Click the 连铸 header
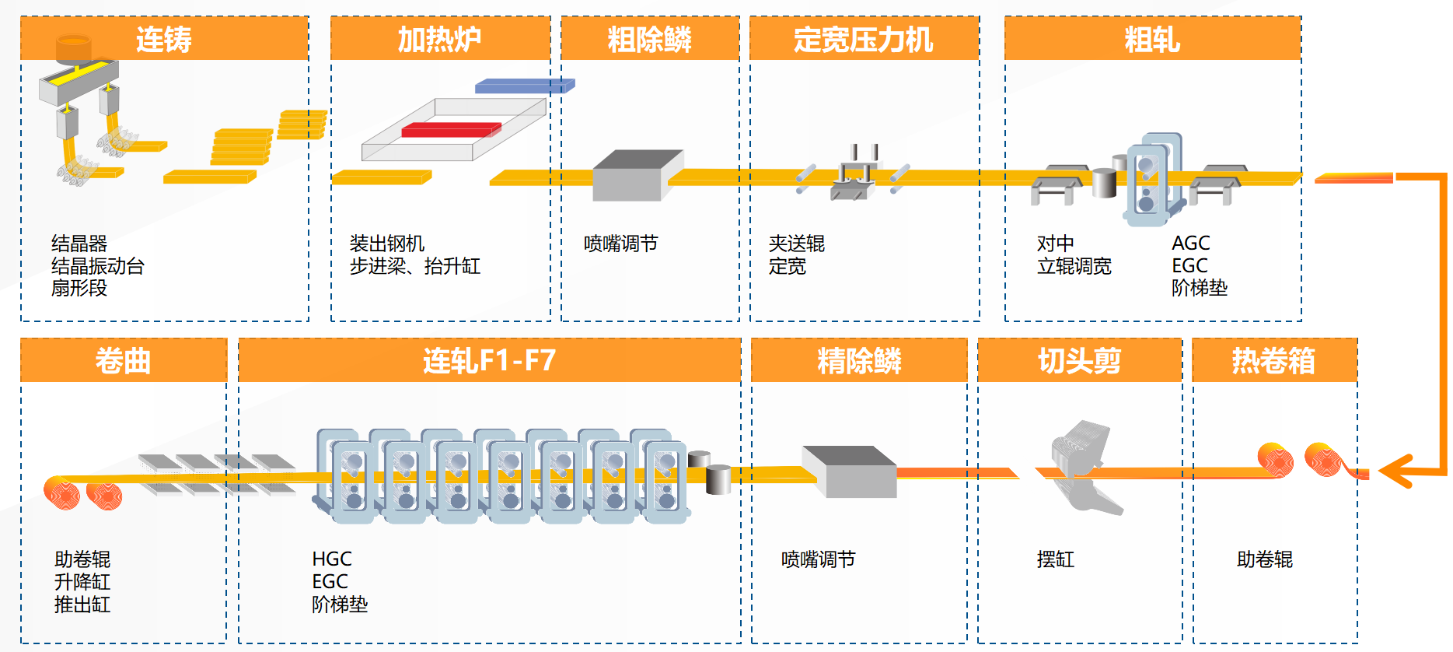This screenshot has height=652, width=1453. (x=164, y=39)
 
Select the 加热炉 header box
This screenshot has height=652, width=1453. (x=440, y=39)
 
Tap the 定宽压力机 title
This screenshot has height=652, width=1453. (x=864, y=39)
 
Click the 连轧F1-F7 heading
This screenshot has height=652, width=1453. (x=489, y=360)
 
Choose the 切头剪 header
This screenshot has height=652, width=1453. (x=1079, y=360)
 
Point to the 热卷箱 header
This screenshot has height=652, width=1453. (x=1274, y=360)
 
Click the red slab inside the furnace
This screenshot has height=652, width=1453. (x=451, y=129)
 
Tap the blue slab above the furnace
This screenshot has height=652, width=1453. (x=524, y=86)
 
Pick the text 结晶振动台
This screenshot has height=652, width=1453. (x=98, y=266)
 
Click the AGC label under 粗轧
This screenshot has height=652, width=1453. (x=1190, y=244)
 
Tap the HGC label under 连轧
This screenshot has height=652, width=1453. (x=332, y=559)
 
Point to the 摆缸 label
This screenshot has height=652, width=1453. (x=1055, y=559)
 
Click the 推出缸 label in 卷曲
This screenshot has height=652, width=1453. (x=82, y=605)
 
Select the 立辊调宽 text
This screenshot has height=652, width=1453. (x=1074, y=266)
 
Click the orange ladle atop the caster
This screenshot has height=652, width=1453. (x=74, y=47)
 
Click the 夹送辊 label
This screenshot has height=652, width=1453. (x=796, y=244)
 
